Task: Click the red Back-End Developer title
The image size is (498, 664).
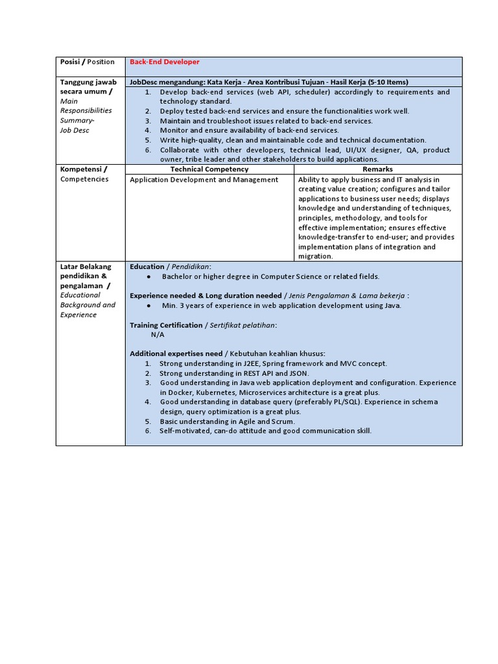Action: [x=165, y=62]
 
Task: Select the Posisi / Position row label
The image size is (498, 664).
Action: [x=87, y=62]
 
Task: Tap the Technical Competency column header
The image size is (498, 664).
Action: [x=209, y=169]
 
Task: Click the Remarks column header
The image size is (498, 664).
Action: [x=377, y=169]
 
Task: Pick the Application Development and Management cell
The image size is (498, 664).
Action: [x=204, y=180]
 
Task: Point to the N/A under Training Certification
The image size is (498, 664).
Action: [x=158, y=335]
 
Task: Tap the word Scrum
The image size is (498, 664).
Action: [x=283, y=421]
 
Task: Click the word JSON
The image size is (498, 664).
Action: [x=298, y=373]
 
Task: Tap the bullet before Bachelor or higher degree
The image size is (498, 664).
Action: [x=148, y=277]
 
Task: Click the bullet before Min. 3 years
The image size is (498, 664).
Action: [x=148, y=305]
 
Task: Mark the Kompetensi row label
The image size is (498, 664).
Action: [x=84, y=169]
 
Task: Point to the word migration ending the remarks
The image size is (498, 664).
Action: [x=314, y=256]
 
